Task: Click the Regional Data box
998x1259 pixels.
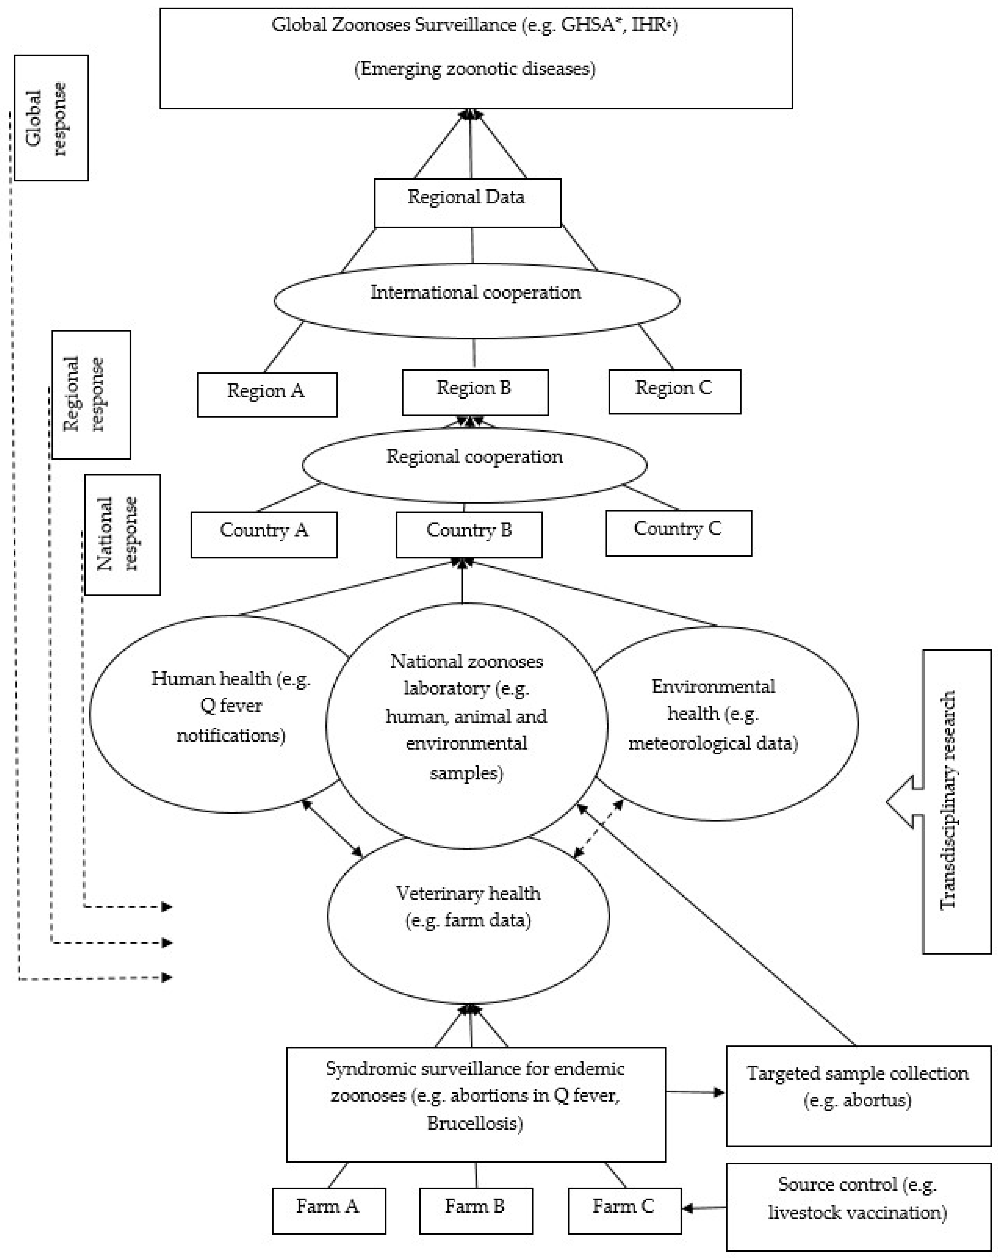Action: (467, 203)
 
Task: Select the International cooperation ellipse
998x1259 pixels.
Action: (476, 300)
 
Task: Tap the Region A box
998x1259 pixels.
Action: (266, 394)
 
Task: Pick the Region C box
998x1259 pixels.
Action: (674, 391)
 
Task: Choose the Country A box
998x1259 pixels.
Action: (263, 534)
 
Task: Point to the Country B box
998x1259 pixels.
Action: (469, 534)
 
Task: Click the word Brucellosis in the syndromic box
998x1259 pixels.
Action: (475, 1123)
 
